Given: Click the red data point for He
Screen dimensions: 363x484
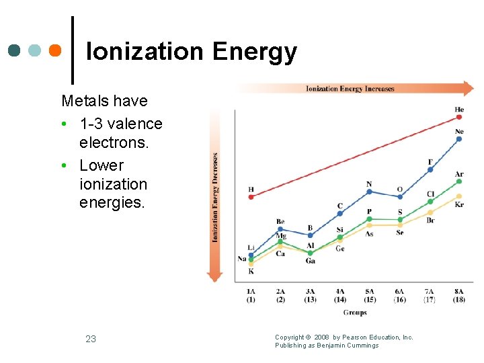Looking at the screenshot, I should point(459,117).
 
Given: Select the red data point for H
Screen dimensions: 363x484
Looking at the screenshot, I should point(251,197).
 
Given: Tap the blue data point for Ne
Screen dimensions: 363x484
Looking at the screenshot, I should point(459,139).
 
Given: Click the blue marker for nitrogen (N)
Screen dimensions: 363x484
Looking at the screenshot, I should point(369,192).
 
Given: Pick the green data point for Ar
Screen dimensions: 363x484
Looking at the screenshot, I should point(459,182).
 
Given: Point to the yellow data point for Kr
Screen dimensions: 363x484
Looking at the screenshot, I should point(459,196).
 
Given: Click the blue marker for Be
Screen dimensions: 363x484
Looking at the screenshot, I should point(280,229).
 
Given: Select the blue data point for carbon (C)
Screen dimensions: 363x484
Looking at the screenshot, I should point(339,214).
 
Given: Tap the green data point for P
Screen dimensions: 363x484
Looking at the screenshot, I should point(369,219).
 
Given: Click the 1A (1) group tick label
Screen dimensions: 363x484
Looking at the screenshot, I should point(251,295).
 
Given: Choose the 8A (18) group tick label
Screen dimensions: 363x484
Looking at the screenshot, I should point(459,295).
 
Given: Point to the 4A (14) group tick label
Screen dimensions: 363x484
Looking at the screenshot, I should point(339,295).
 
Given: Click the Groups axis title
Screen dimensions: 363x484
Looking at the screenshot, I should point(354,313).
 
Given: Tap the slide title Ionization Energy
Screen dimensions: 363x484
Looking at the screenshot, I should point(192,52).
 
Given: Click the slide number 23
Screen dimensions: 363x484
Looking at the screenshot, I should point(91,339).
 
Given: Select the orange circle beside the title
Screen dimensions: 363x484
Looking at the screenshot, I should point(56,50).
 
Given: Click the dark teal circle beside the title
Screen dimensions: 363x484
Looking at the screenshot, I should point(15,50).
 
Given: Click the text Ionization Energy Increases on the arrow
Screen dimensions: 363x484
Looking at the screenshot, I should point(350,89).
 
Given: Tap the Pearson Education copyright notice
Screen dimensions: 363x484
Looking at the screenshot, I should point(344,341).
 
